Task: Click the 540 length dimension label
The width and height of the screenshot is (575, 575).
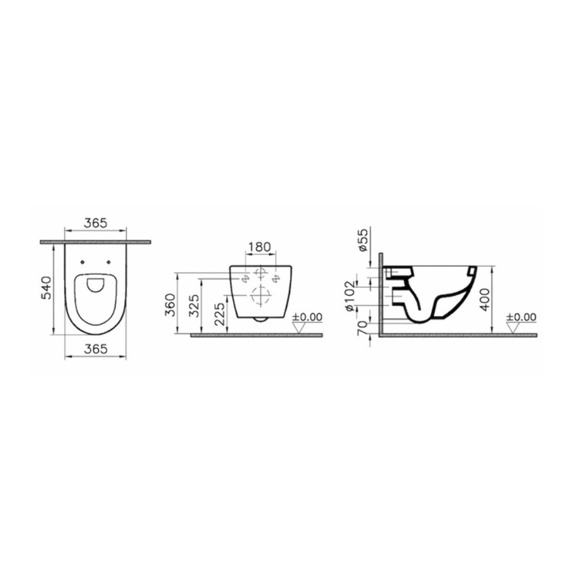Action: tap(46, 288)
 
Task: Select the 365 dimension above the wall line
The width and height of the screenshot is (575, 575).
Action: tap(95, 223)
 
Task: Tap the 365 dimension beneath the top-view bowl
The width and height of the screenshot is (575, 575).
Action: tap(95, 349)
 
